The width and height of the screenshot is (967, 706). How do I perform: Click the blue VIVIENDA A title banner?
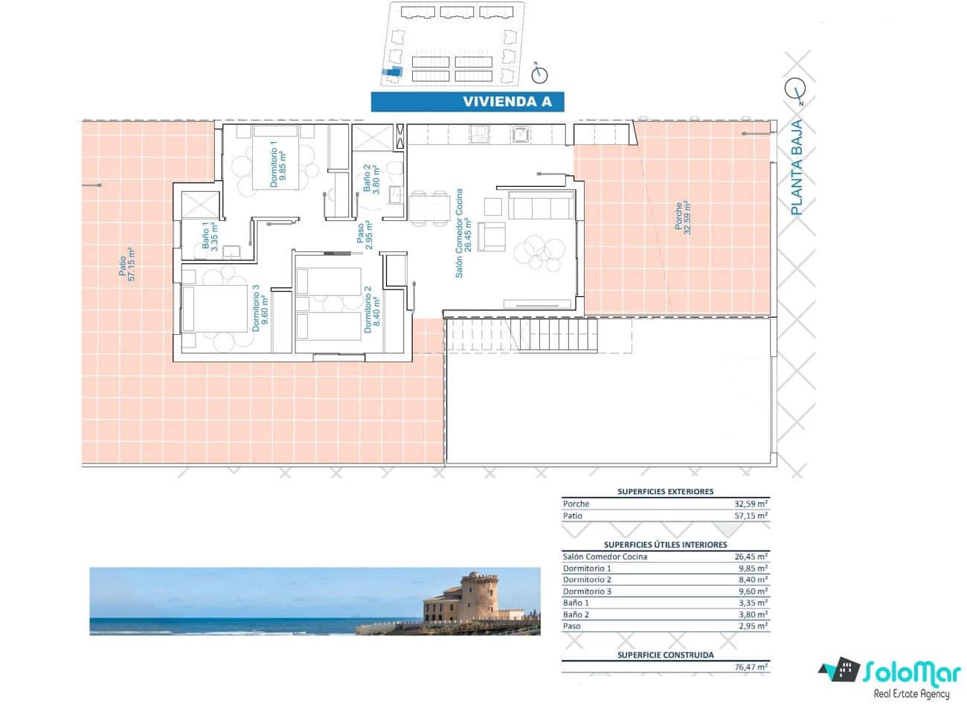coord(467,102)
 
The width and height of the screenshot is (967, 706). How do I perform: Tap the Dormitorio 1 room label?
coord(277,164)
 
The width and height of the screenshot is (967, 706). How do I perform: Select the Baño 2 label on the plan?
coord(371,178)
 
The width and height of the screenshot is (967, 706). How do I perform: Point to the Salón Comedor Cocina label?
coord(463,232)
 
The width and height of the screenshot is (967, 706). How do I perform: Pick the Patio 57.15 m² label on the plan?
coord(127,264)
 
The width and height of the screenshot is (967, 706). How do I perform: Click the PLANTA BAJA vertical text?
coord(797,167)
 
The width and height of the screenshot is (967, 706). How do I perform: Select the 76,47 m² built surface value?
coord(751,667)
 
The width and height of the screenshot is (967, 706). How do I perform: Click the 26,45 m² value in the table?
coord(751,556)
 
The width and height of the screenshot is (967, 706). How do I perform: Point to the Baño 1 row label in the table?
coord(576,603)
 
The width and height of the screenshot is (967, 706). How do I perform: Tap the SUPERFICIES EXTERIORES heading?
coord(665,491)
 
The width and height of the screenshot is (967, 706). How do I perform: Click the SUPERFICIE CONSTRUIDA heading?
coord(665,655)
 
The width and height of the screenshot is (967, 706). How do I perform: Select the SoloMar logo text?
coord(912,672)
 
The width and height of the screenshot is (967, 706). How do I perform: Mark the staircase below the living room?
coord(521,336)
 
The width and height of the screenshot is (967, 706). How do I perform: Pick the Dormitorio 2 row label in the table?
coord(588,580)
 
